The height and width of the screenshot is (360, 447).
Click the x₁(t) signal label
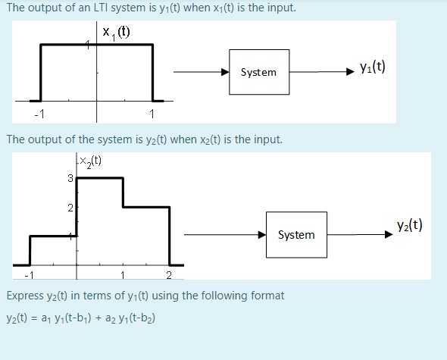pyautogui.click(x=116, y=33)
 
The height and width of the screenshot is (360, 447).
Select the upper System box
pyautogui.click(x=258, y=72)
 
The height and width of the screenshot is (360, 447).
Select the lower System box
pyautogui.click(x=296, y=235)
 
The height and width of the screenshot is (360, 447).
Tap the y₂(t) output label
pyautogui.click(x=409, y=225)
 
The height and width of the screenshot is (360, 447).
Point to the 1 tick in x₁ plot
pyautogui.click(x=152, y=114)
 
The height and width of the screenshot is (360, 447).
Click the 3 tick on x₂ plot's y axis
pyautogui.click(x=70, y=179)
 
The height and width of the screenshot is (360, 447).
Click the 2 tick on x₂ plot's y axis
pyautogui.click(x=70, y=208)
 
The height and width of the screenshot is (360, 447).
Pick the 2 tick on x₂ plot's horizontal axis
pyautogui.click(x=169, y=274)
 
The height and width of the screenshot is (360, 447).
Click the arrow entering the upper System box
pyautogui.click(x=201, y=72)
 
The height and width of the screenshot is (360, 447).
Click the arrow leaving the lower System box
pyautogui.click(x=360, y=234)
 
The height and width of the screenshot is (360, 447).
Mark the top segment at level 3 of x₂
pyautogui.click(x=99, y=177)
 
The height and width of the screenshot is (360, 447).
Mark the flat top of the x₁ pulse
pyautogui.click(x=96, y=45)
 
